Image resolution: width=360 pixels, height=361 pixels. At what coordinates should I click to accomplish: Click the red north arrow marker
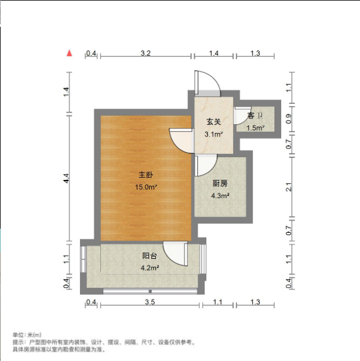pyautogui.click(x=70, y=53)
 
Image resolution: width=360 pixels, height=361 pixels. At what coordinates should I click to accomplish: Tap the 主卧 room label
pyautogui.click(x=146, y=175)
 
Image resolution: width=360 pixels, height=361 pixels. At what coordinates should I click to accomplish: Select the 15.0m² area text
pyautogui.click(x=146, y=187)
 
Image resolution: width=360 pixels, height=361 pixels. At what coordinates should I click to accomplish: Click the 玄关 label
pyautogui.click(x=213, y=122)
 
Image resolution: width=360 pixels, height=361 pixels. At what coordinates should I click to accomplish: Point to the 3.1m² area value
pyautogui.click(x=213, y=134)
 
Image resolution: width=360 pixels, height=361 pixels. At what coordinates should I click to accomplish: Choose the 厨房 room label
pyautogui.click(x=220, y=183)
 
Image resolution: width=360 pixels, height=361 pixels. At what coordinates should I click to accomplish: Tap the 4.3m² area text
pyautogui.click(x=220, y=196)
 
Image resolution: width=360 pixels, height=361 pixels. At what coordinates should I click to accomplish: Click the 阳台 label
pyautogui.click(x=150, y=255)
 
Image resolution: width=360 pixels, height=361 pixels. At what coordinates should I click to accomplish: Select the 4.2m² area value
pyautogui.click(x=150, y=268)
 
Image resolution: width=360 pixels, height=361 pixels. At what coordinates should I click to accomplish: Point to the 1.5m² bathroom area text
pyautogui.click(x=256, y=128)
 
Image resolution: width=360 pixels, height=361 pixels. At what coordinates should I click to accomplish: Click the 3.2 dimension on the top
pyautogui.click(x=146, y=53)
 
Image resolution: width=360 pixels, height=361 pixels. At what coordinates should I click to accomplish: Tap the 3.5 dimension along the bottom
pyautogui.click(x=149, y=302)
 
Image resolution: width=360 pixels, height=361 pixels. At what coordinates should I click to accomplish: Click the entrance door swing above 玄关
pyautogui.click(x=206, y=83)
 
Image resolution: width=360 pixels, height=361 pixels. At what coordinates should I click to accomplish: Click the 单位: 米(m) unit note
pyautogui.click(x=27, y=335)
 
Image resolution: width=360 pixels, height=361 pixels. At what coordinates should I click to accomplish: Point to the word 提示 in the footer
pyautogui.click(x=19, y=342)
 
